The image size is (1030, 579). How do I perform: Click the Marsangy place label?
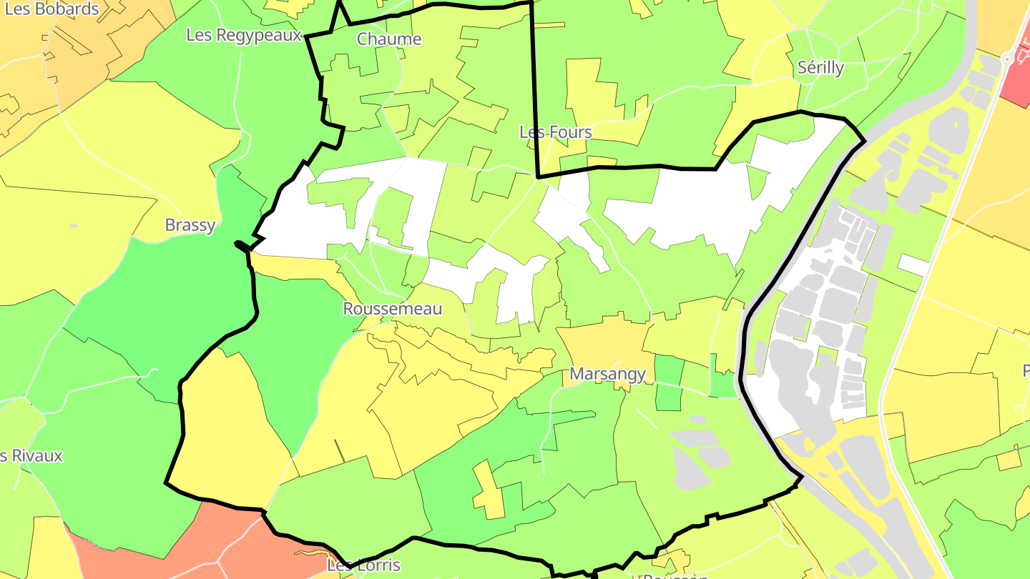tap(607, 374)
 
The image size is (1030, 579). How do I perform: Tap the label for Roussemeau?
tap(393, 309)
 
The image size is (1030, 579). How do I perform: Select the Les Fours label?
tap(556, 132)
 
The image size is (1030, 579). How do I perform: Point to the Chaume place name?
tap(389, 39)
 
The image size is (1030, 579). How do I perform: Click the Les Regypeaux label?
tap(244, 35)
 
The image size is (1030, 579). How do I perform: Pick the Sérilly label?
tap(820, 68)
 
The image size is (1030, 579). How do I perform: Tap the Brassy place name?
tap(190, 225)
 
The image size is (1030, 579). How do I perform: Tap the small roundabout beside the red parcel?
tap(1007, 59)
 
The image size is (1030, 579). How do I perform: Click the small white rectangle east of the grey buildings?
tap(913, 264)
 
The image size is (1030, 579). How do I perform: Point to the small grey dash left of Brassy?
tap(74, 226)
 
